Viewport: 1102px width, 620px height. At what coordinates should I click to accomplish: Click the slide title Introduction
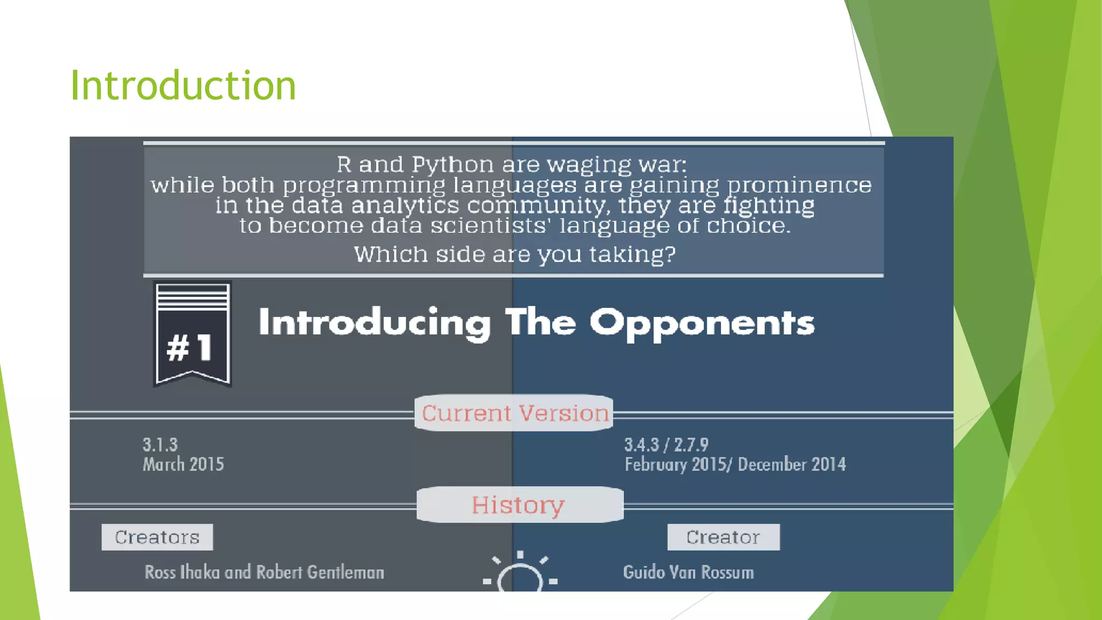tap(183, 86)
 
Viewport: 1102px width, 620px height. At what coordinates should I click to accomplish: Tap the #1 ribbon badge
tap(192, 334)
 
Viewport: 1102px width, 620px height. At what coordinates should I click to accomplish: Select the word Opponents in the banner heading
tap(702, 323)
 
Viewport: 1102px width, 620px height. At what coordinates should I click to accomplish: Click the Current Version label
tap(514, 413)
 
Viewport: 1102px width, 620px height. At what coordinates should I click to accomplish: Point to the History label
tap(518, 505)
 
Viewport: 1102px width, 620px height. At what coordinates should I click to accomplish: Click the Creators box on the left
tap(157, 537)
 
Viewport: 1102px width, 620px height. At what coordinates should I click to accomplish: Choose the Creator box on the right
tap(723, 537)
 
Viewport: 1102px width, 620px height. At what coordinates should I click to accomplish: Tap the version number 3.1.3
tap(160, 445)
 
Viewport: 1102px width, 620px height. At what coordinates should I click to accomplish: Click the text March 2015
tap(183, 464)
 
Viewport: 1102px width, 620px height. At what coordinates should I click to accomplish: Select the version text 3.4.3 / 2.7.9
tap(666, 445)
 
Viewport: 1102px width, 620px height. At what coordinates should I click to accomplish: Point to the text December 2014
tap(792, 464)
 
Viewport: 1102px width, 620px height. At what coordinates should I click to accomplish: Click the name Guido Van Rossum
tap(688, 572)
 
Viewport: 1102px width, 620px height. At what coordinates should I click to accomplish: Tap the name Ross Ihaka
tap(182, 572)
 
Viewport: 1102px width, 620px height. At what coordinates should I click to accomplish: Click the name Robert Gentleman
tap(320, 572)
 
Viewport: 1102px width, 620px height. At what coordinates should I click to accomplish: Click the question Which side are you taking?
tap(514, 254)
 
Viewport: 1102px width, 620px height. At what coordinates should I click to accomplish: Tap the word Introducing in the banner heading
tap(375, 323)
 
